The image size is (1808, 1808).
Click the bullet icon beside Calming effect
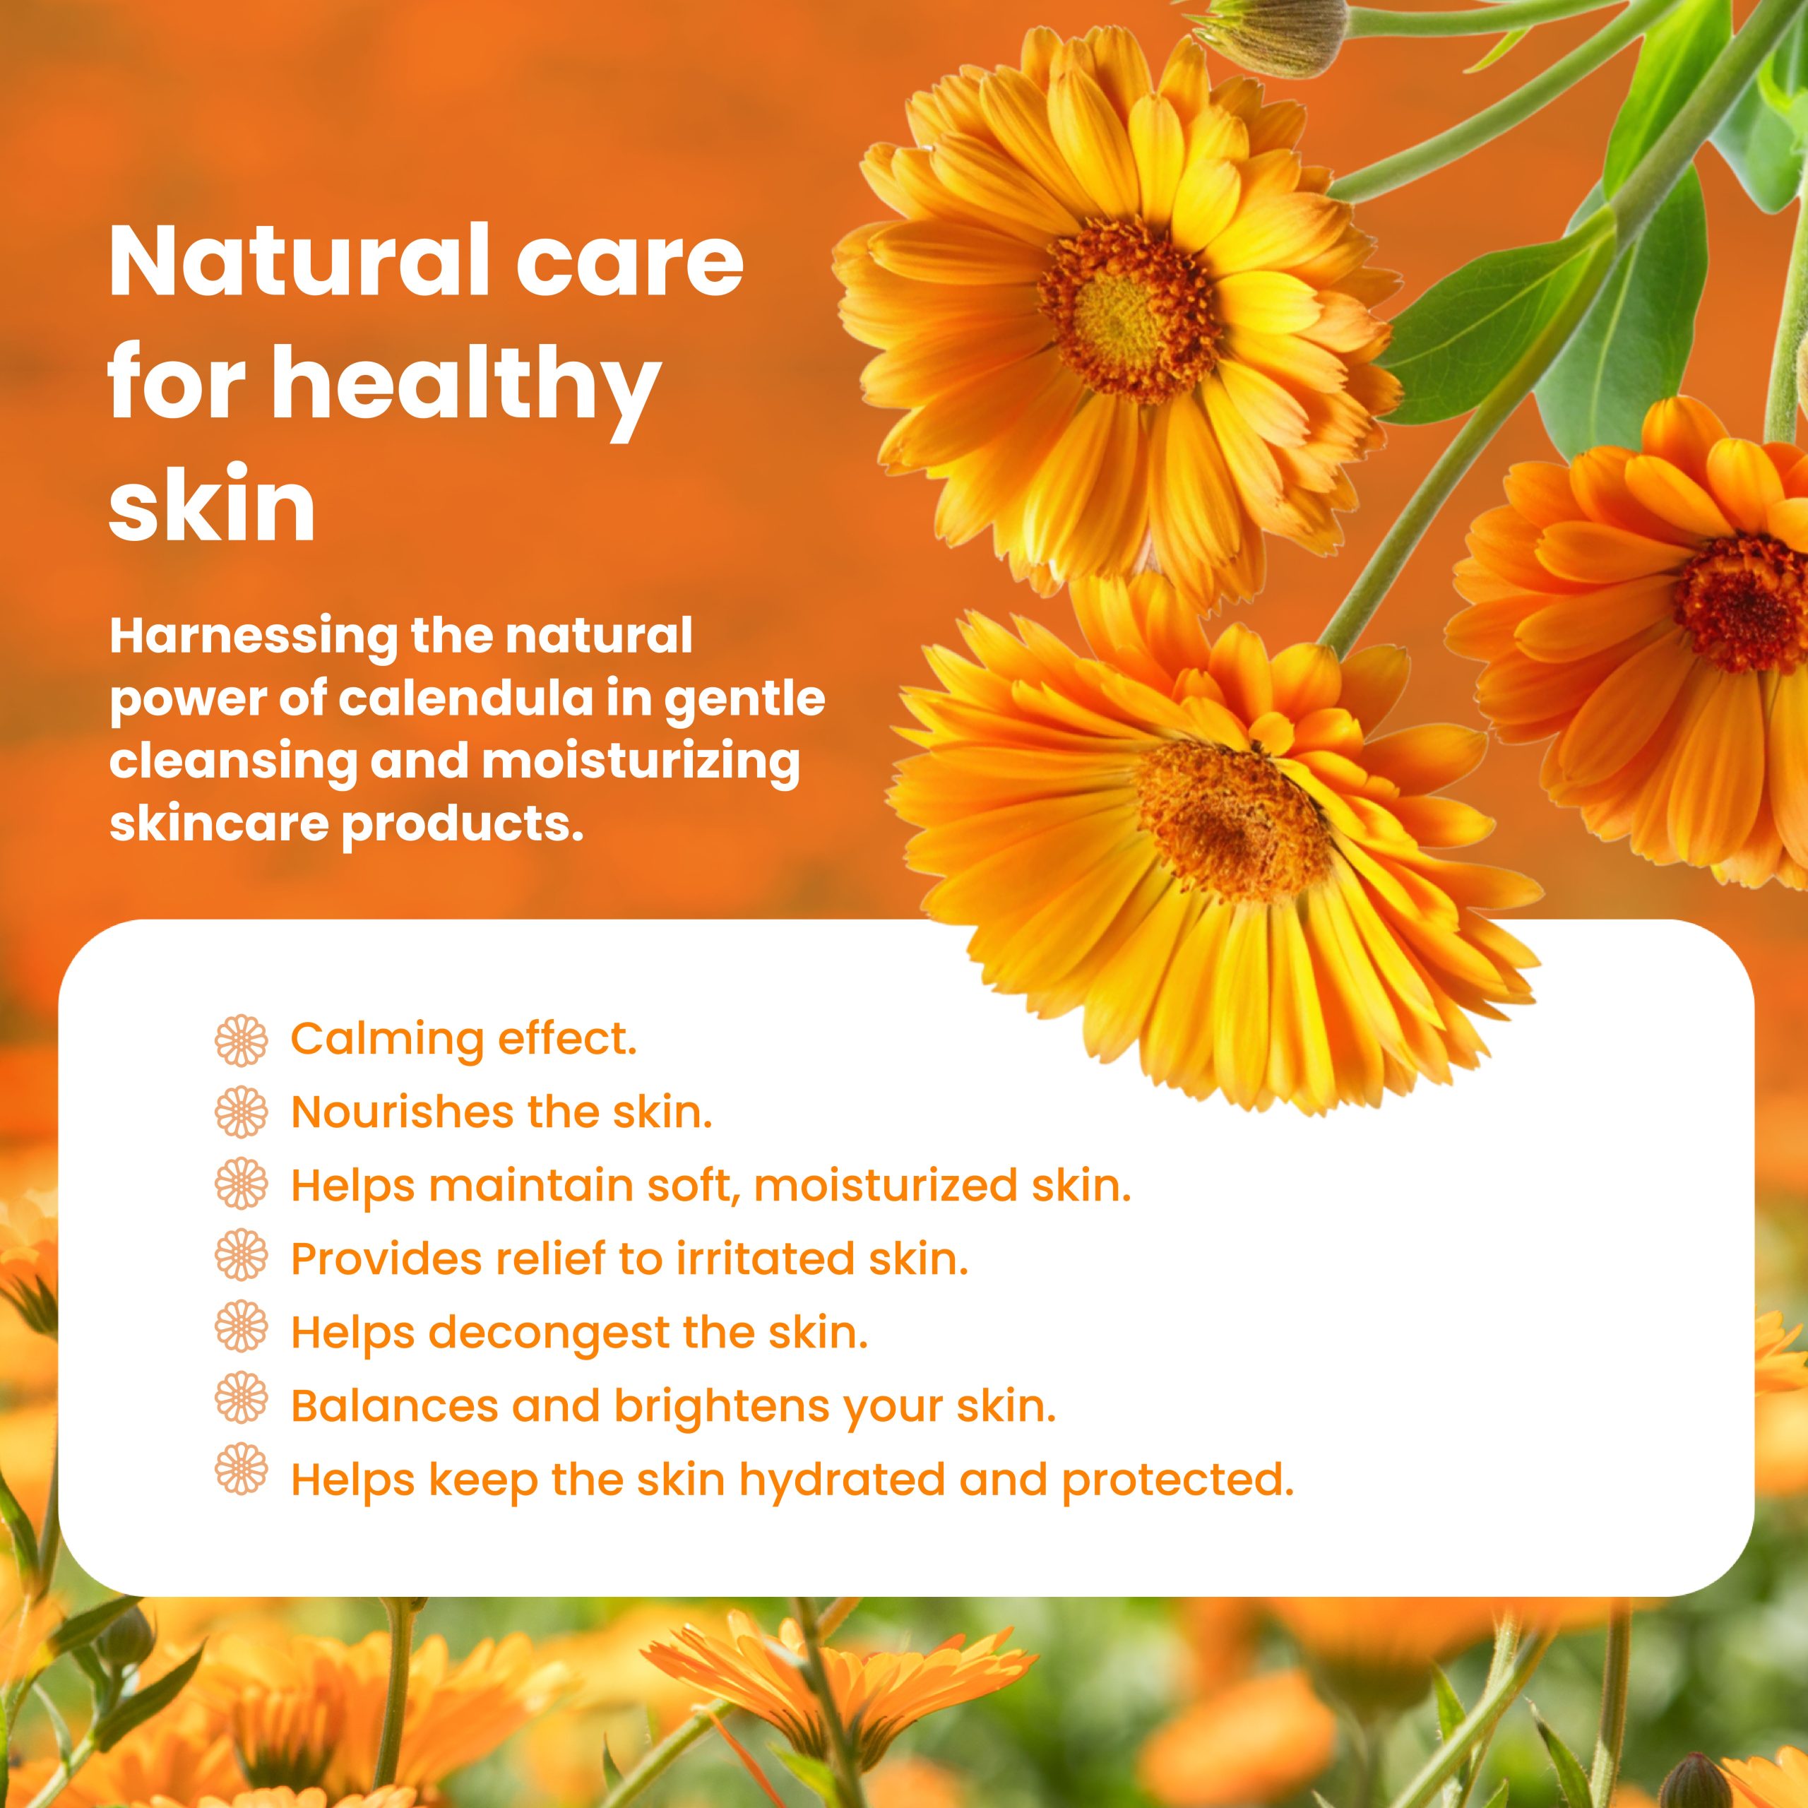point(242,1040)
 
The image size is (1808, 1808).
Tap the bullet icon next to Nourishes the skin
point(242,1112)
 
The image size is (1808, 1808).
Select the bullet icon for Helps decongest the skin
point(242,1333)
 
